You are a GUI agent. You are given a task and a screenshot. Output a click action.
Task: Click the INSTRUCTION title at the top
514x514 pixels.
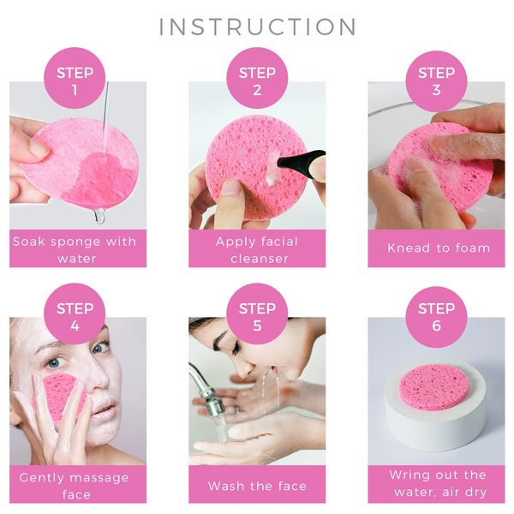click(258, 27)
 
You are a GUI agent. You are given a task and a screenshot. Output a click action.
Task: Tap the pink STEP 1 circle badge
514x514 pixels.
click(75, 78)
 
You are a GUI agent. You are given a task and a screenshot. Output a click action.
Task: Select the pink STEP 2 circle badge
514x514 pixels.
click(257, 78)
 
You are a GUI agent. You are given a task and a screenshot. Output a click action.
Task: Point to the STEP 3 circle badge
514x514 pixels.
click(436, 81)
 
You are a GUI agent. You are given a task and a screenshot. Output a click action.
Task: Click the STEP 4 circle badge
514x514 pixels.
click(75, 314)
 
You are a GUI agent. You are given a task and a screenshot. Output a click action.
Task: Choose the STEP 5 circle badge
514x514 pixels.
click(257, 314)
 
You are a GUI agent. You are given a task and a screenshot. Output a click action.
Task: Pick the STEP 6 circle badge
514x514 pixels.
click(436, 317)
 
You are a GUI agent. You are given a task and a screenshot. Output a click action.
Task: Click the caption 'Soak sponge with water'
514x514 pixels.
click(75, 250)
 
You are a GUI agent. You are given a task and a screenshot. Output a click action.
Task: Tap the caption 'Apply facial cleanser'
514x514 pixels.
click(257, 250)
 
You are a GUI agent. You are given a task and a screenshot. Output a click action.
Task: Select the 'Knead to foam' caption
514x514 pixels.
click(439, 248)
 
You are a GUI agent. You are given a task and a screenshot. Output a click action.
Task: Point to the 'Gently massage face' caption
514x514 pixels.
click(75, 486)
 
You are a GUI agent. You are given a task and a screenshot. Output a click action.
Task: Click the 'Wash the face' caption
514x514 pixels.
click(257, 486)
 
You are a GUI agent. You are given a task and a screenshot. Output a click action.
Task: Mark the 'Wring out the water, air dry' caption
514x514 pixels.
click(438, 483)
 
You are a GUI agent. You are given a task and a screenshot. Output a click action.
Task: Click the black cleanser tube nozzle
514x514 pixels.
click(300, 159)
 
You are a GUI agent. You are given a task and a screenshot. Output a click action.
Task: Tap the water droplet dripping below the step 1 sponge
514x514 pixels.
click(99, 216)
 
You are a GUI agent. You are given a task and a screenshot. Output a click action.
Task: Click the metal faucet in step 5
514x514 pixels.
click(206, 390)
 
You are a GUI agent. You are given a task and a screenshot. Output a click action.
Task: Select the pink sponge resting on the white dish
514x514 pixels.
click(434, 386)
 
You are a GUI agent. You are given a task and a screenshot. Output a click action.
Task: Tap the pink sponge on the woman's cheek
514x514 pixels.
click(63, 396)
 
